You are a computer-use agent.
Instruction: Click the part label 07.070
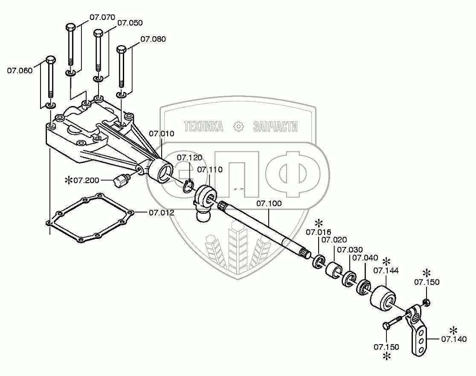(102, 17)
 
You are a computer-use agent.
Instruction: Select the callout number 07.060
(19, 71)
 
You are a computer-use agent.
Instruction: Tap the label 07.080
(153, 39)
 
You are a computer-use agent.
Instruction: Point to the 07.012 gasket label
(161, 212)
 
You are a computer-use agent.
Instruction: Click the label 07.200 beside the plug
(86, 181)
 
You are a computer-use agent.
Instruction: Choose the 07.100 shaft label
(269, 204)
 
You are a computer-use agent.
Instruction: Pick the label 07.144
(386, 270)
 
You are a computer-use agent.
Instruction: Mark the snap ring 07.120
(189, 187)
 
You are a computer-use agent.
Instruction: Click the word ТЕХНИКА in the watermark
(203, 126)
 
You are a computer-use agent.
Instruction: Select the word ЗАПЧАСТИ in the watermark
(275, 126)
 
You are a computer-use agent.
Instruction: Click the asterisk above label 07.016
(318, 223)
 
